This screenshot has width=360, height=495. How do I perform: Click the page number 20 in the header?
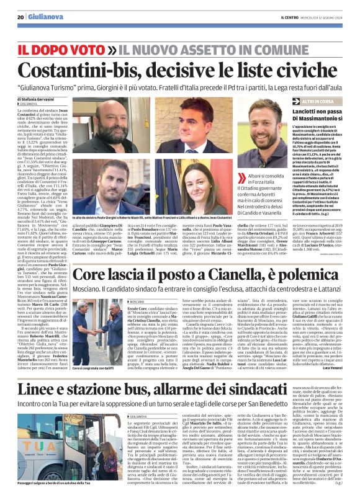20,17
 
